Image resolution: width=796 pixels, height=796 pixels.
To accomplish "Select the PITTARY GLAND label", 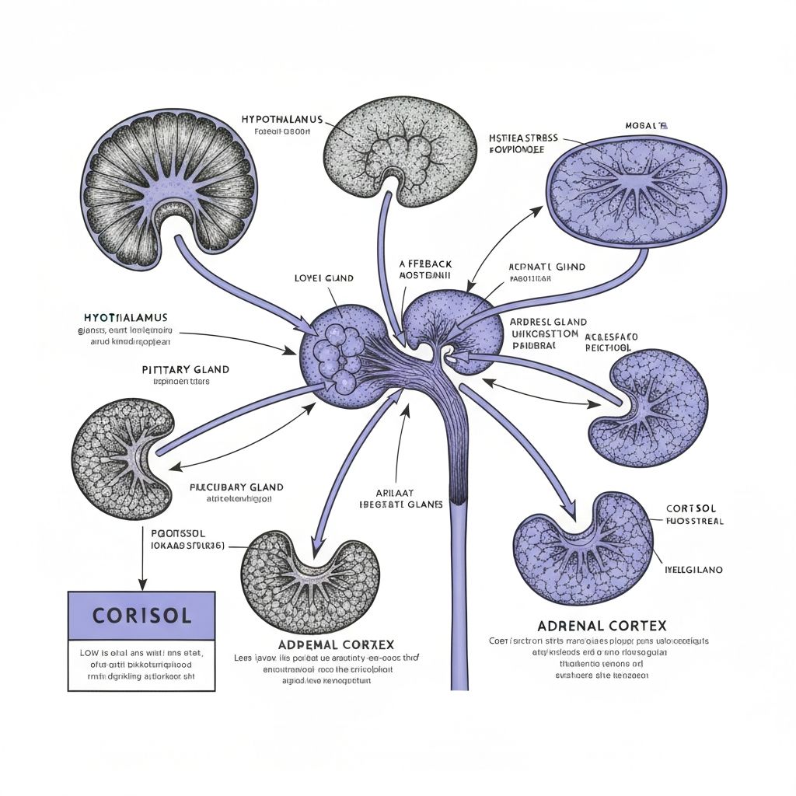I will (186, 369).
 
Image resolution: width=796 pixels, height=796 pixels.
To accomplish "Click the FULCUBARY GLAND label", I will (236, 487).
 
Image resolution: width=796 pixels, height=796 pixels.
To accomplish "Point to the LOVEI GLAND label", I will (324, 278).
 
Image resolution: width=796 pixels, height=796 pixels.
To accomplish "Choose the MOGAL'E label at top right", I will (646, 125).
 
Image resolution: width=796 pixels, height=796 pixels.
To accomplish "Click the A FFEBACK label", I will (425, 264).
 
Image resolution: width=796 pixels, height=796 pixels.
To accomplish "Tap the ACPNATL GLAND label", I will (546, 267).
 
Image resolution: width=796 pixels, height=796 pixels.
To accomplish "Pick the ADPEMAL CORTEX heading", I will (336, 644).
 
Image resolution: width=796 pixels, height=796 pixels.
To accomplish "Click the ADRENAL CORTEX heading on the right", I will (601, 626).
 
